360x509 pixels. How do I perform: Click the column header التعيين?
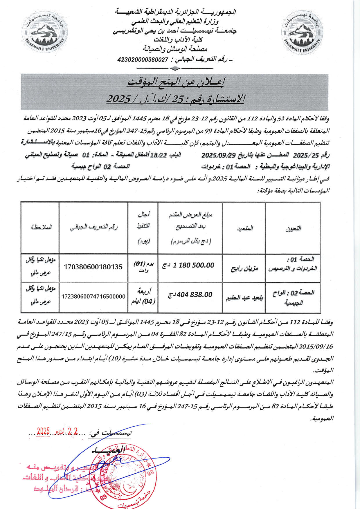click(x=293, y=228)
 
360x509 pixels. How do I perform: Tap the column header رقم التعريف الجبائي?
click(x=93, y=227)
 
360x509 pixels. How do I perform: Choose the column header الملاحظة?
click(x=41, y=227)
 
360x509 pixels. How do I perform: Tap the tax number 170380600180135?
click(x=93, y=267)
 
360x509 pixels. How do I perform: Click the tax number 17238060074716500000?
click(x=93, y=296)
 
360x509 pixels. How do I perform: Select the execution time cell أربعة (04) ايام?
click(x=143, y=296)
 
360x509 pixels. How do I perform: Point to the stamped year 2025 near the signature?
click(x=44, y=432)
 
